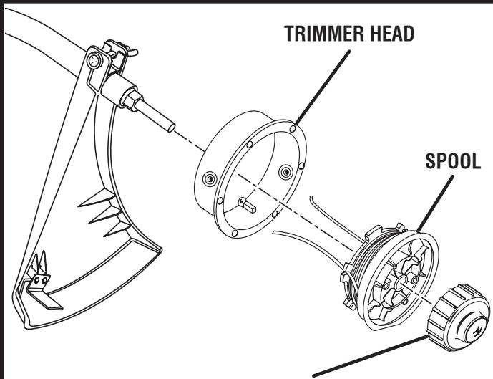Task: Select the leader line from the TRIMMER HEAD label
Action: click(319, 85)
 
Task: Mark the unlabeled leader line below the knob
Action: click(372, 359)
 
